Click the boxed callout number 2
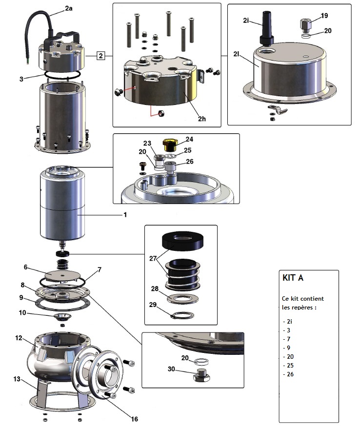[x=100, y=55]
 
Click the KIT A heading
[x=293, y=278]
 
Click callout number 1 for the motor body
[x=125, y=214]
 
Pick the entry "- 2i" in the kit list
[x=288, y=322]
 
